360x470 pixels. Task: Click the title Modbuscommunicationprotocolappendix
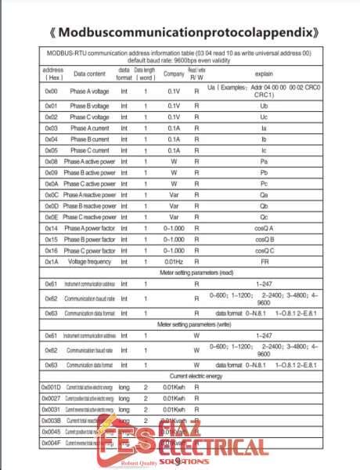click(179, 34)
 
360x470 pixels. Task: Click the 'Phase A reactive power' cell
click(89, 194)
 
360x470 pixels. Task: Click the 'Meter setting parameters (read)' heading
click(179, 273)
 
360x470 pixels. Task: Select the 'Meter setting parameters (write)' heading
click(179, 324)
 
